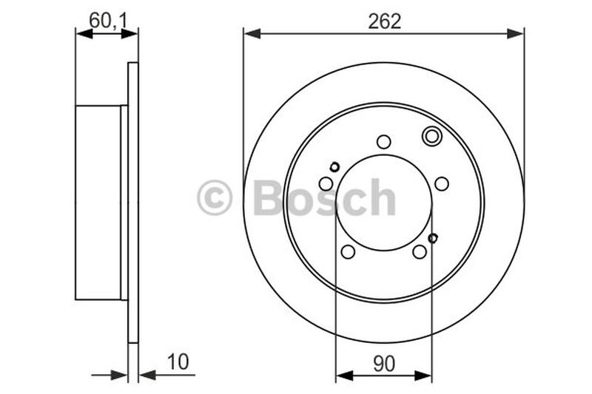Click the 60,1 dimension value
coord(108,20)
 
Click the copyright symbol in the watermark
coord(215,198)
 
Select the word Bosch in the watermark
coord(324,198)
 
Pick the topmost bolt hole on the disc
coord(383,141)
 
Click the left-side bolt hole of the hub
coord(326,183)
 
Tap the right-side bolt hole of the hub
coord(442,183)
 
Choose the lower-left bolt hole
coord(348,252)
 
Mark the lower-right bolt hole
coord(420,252)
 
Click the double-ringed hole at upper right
coord(431,136)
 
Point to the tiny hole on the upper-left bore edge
coord(334,167)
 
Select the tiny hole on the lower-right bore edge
coord(433,237)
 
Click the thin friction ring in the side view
coord(133,203)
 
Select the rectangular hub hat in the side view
coord(98,203)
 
